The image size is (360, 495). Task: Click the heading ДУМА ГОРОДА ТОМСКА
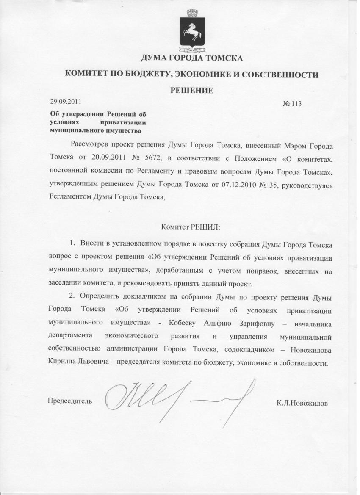click(x=191, y=58)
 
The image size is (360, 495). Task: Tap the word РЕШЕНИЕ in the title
click(x=191, y=90)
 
